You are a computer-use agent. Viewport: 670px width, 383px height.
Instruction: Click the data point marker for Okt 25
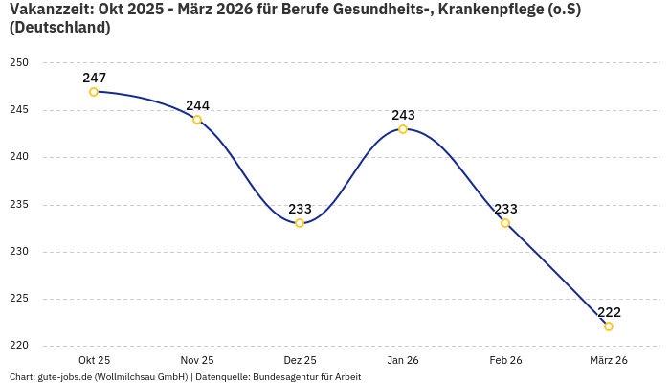[x=94, y=92]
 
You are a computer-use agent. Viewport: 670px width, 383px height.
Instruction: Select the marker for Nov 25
[x=197, y=120]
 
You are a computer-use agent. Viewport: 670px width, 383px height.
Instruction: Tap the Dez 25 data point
[x=300, y=223]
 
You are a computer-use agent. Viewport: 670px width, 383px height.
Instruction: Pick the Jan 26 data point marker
[x=403, y=129]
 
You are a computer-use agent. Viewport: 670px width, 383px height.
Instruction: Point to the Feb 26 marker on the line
[x=505, y=223]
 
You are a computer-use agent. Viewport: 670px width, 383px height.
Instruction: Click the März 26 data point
[x=609, y=327]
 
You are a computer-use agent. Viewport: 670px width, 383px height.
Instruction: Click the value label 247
[x=94, y=78]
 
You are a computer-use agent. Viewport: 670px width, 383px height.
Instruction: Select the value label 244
[x=197, y=105]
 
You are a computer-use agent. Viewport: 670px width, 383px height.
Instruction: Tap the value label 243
[x=403, y=115]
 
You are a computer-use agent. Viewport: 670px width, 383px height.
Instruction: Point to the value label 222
[x=609, y=312]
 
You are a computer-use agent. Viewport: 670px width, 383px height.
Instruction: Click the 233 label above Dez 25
[x=300, y=209]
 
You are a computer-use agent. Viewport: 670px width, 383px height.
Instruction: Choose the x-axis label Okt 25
[x=94, y=360]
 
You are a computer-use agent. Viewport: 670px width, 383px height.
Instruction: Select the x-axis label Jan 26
[x=403, y=360]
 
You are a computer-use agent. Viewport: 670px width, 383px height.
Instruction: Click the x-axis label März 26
[x=609, y=360]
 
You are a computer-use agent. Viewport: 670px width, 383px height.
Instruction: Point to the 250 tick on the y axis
[x=19, y=63]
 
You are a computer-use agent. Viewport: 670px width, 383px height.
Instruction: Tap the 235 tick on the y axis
[x=19, y=204]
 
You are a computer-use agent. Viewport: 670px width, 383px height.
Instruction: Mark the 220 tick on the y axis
[x=19, y=346]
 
